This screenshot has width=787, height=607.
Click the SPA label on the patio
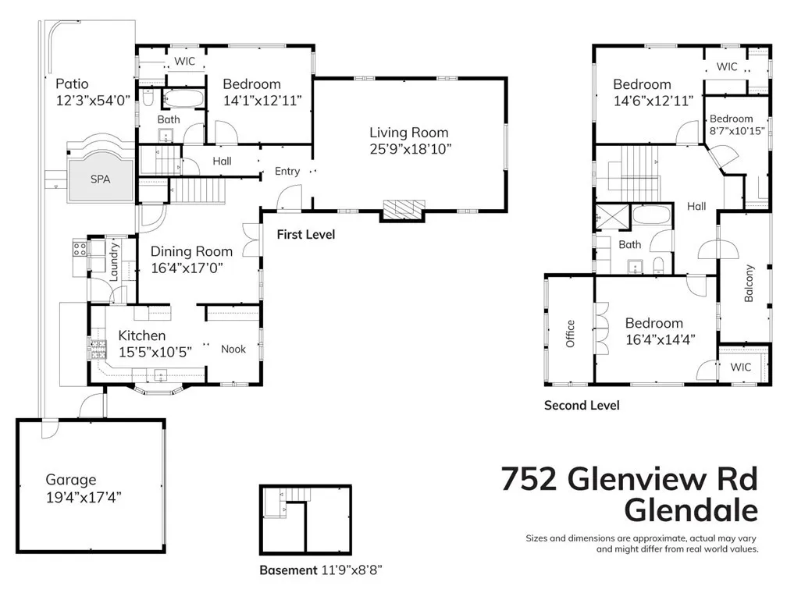(x=100, y=179)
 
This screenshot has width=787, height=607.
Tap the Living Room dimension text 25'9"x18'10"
(x=410, y=148)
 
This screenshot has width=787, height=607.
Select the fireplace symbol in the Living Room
(x=403, y=208)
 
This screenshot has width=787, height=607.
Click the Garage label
(x=70, y=480)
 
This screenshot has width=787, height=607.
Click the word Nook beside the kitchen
(x=233, y=349)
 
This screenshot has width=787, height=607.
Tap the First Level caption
(x=306, y=234)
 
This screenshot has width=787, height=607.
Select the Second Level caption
(x=582, y=405)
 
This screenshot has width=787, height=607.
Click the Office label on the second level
(x=571, y=334)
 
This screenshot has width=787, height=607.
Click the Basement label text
(x=288, y=570)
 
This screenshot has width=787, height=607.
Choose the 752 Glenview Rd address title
(x=629, y=478)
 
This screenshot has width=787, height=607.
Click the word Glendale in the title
(x=691, y=511)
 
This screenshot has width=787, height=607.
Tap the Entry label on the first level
(x=287, y=171)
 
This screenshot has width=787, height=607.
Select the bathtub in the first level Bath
(x=184, y=99)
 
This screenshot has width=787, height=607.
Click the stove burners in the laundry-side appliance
(x=79, y=250)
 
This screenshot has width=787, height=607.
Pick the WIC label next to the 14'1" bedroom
(x=184, y=61)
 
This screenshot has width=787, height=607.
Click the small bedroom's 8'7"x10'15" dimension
(x=736, y=130)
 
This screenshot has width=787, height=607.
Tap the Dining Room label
(x=191, y=251)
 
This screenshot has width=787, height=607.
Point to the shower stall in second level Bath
(x=609, y=215)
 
